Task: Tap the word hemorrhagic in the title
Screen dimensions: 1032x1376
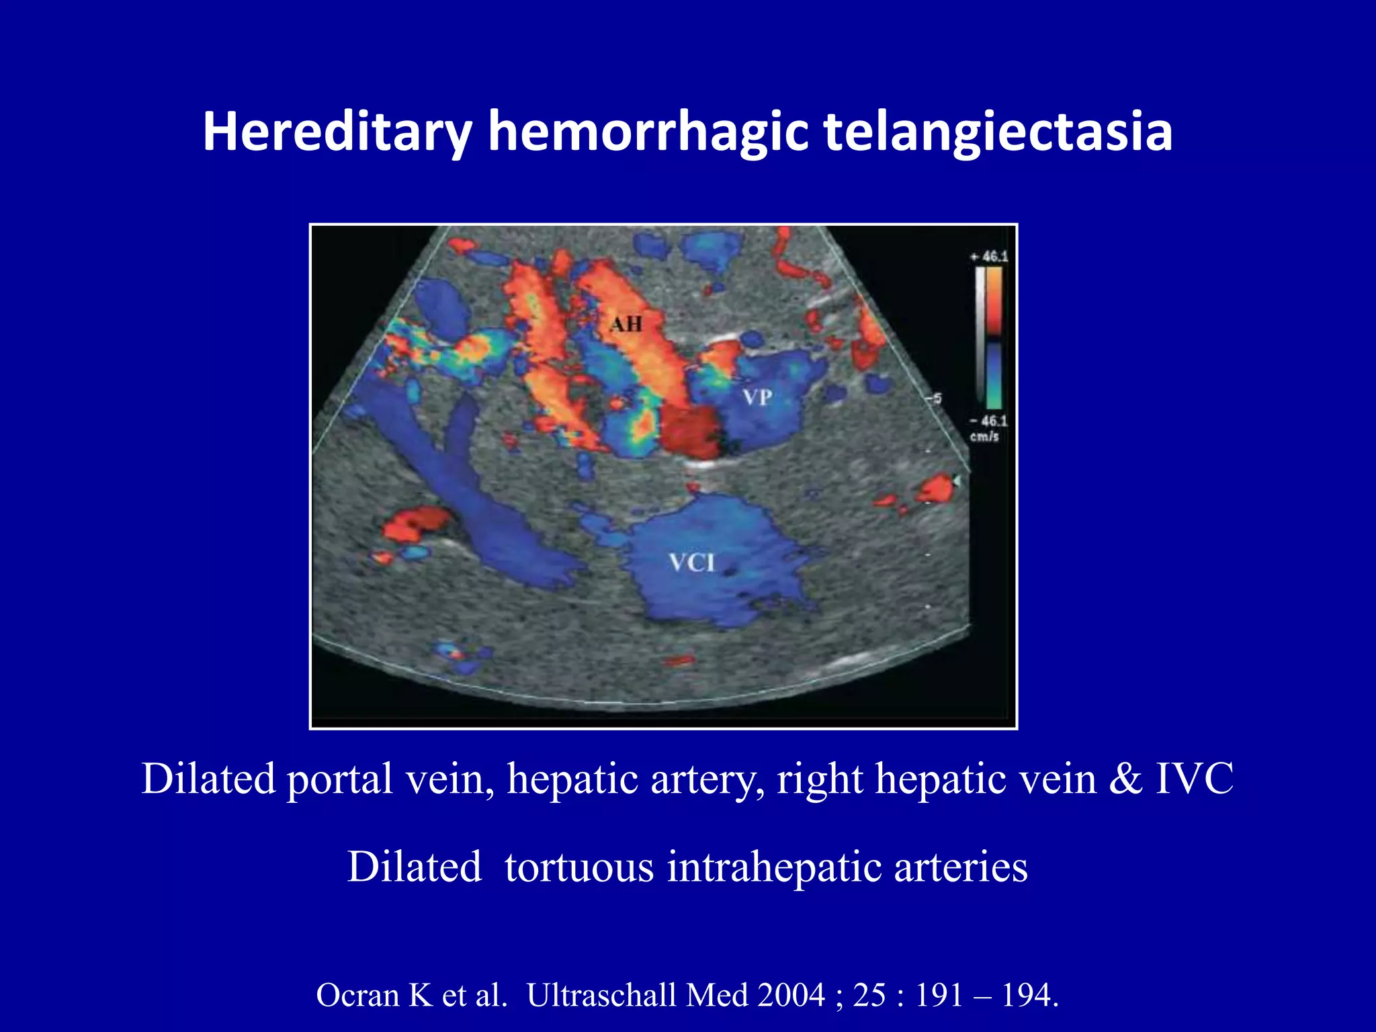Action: pos(648,132)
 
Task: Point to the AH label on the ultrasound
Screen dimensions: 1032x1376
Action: pos(626,325)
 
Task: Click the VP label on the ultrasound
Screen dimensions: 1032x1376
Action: pos(757,397)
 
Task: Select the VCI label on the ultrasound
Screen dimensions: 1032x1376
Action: pos(692,562)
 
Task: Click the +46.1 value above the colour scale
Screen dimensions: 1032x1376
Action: pos(988,257)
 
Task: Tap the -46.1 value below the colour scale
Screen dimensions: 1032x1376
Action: pos(988,421)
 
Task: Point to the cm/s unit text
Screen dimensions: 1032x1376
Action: pos(984,437)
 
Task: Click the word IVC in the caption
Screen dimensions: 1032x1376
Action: pos(1194,779)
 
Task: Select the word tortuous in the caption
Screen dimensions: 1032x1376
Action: pos(579,867)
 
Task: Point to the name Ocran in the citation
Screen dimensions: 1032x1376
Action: pos(357,995)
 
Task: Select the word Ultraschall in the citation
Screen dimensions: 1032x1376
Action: pos(601,995)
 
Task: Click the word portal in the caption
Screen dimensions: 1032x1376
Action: pos(339,779)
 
